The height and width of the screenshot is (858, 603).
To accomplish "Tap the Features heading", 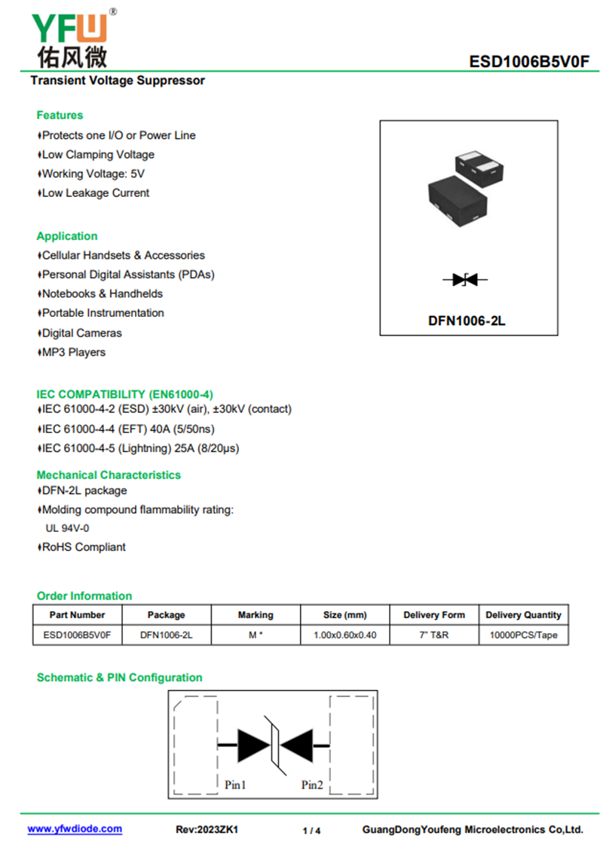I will [60, 115].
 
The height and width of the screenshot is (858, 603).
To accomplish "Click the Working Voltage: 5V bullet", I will [93, 174].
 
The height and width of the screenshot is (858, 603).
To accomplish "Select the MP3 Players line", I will [73, 352].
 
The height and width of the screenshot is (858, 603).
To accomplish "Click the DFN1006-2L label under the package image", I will [467, 321].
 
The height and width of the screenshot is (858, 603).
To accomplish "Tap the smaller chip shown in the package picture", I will [480, 164].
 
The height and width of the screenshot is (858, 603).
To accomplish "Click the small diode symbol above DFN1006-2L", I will [465, 280].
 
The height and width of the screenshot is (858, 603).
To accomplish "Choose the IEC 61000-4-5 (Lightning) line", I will [141, 448].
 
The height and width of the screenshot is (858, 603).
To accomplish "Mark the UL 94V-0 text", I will [67, 528].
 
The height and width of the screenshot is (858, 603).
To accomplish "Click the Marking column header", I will [256, 615].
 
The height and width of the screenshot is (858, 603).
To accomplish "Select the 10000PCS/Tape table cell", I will [523, 635].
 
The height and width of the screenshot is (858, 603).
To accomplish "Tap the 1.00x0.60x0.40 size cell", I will [344, 635].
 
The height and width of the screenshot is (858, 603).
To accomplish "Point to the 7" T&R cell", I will [434, 635].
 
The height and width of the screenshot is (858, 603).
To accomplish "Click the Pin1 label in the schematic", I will [235, 785].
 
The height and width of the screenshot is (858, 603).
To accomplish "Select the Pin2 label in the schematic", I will [312, 785].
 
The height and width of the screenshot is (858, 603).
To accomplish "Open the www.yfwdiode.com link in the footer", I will [75, 829].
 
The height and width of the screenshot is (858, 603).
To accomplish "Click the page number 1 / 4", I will [311, 831].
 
